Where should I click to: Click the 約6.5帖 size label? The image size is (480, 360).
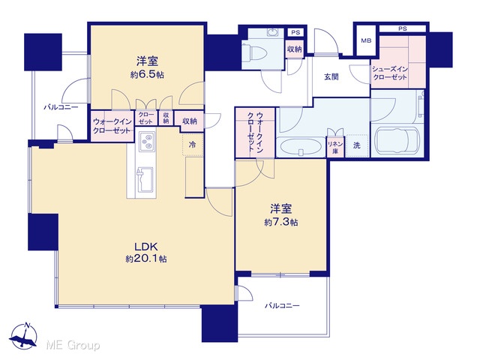tap(147, 75)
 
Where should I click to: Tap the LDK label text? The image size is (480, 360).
tap(146, 247)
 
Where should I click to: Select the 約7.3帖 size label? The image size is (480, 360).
tap(281, 222)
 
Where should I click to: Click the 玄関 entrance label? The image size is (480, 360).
tap(331, 76)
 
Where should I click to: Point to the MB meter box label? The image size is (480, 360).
tap(366, 40)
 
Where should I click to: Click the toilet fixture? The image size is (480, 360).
tap(254, 52)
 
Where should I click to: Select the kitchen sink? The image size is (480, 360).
tap(145, 180)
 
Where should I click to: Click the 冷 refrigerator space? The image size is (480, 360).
tap(192, 145)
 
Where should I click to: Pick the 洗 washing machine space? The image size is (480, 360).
tap(357, 145)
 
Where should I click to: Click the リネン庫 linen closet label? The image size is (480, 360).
tap(335, 147)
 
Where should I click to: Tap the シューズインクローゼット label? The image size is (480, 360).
tap(390, 73)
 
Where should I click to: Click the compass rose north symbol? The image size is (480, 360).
tap(23, 335)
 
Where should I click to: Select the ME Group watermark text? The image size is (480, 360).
tap(73, 345)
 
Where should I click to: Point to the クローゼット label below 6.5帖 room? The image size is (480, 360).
tap(145, 118)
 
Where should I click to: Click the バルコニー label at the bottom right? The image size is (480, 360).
tap(282, 305)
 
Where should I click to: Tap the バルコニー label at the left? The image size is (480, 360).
tap(61, 107)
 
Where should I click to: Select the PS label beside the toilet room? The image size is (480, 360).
tap(295, 32)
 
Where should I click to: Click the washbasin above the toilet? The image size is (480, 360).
tap(271, 32)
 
